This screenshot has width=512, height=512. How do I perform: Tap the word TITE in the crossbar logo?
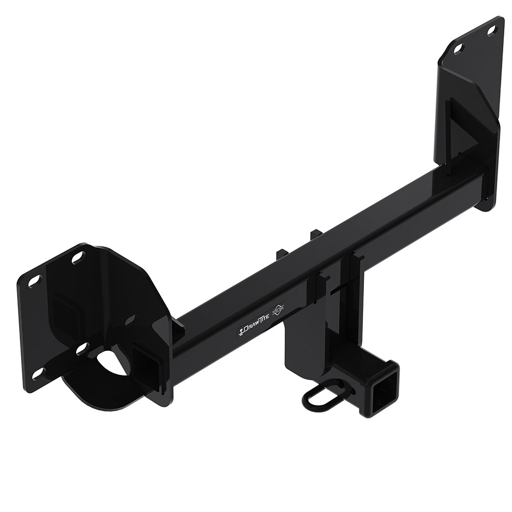tap(263, 321)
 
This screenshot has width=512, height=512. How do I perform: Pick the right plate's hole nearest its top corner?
tap(492, 31)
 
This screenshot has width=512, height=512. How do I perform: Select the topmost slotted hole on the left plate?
tap(77, 259)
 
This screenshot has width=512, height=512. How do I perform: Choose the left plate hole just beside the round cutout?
tap(81, 350)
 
